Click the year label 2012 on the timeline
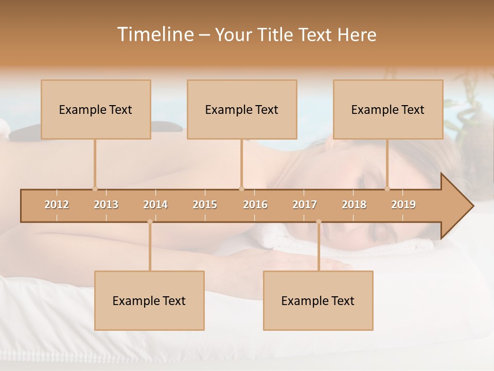point(57,205)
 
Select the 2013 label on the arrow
point(106,205)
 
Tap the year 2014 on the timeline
point(155,205)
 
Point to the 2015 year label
point(205,205)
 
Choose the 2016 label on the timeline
point(255,205)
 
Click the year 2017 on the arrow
point(305,205)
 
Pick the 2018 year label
point(354,205)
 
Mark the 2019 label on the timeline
point(403,205)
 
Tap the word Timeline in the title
point(154,35)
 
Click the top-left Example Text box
point(96,109)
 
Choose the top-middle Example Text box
point(242,109)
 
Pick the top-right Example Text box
point(388,109)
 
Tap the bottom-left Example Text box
point(149,300)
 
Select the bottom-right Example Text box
point(318,300)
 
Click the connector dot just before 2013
point(95,189)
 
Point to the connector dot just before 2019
point(387,189)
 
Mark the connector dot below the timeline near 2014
point(150,222)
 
